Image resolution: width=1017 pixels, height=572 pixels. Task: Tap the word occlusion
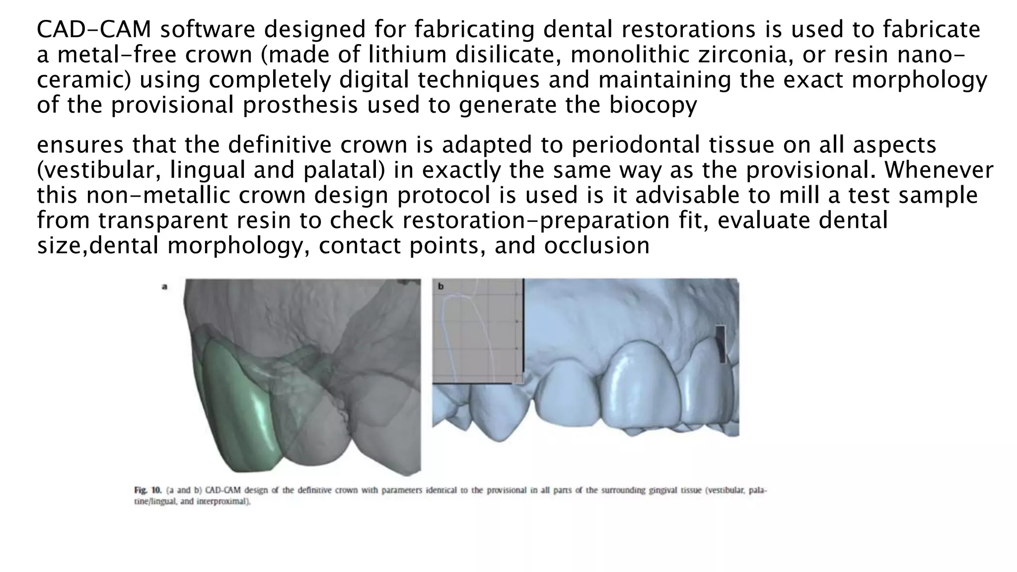tap(596, 245)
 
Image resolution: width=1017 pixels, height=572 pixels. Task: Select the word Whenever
tap(939, 170)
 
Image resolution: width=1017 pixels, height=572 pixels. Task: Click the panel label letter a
tap(164, 286)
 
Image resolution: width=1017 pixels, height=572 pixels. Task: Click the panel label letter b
tap(440, 286)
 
